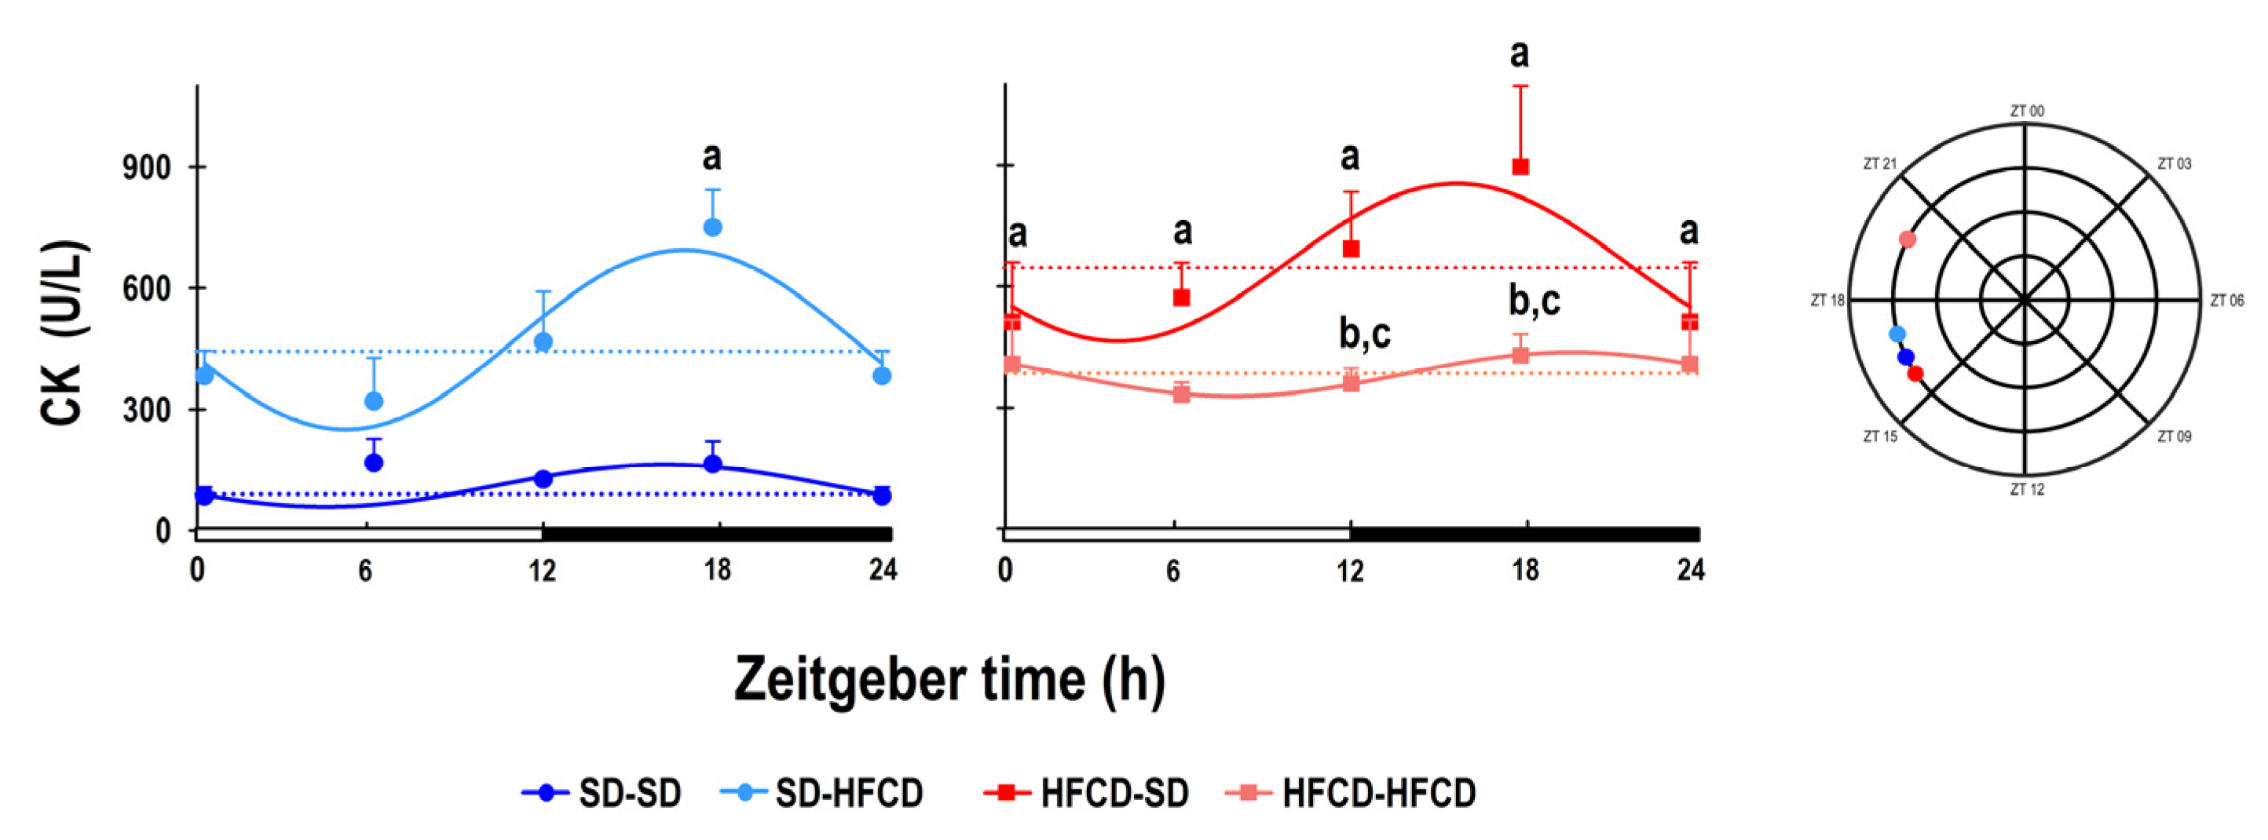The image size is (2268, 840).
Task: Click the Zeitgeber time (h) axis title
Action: (x=949, y=680)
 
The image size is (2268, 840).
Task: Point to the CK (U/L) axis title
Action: (x=64, y=333)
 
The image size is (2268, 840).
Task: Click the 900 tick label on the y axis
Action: (x=146, y=167)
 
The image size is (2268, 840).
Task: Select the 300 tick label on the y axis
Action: (x=146, y=411)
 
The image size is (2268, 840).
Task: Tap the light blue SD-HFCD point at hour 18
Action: (x=713, y=227)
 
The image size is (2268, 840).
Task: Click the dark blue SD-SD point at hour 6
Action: (x=373, y=462)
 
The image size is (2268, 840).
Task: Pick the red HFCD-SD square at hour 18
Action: (x=1520, y=166)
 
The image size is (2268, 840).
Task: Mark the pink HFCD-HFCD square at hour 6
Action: (x=1182, y=393)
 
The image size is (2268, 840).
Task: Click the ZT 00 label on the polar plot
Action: (x=2027, y=111)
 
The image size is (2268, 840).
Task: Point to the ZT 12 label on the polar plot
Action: (x=2027, y=490)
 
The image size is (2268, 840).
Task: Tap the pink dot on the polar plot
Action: (x=1907, y=239)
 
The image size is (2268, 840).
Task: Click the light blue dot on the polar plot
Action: (x=1897, y=334)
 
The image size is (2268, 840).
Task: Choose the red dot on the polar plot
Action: (x=1915, y=374)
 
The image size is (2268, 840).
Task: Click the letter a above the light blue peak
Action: (x=712, y=157)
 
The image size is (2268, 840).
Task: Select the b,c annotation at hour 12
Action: (x=1365, y=333)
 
